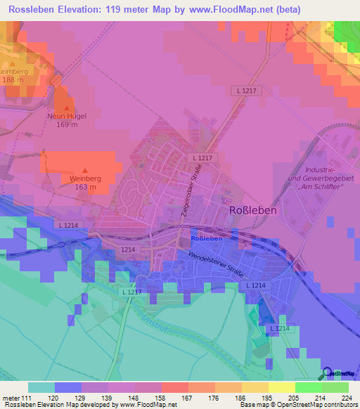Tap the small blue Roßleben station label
[x=207, y=238]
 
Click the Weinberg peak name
[x=86, y=178]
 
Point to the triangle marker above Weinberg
[x=86, y=169]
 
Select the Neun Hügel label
[x=67, y=116]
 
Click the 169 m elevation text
[x=67, y=125]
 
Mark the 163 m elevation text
[x=86, y=187]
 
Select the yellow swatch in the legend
[x=281, y=387]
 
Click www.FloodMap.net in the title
[x=227, y=10]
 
